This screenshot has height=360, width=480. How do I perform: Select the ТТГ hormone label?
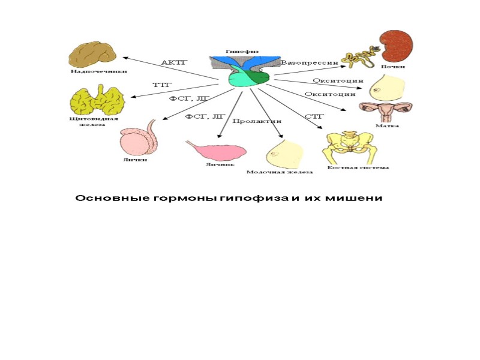[x=161, y=85]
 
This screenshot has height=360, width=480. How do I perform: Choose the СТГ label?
[x=314, y=116]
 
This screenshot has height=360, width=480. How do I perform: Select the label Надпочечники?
[x=91, y=71]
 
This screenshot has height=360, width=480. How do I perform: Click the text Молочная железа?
[x=280, y=172]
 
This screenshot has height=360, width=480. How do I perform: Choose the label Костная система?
[x=358, y=168]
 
